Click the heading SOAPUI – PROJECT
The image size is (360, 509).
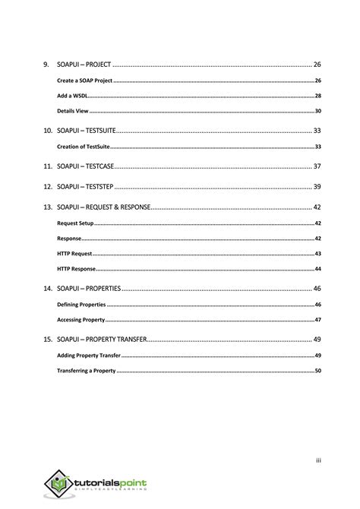click(x=84, y=65)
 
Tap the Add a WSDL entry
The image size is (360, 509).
click(x=72, y=96)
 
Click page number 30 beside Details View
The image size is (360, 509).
click(x=317, y=111)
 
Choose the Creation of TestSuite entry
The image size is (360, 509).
click(x=84, y=147)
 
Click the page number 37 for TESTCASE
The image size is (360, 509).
click(x=317, y=166)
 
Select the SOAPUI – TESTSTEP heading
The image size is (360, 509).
click(x=85, y=186)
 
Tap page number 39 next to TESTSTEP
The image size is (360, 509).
click(x=317, y=186)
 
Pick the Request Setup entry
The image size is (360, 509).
click(x=75, y=223)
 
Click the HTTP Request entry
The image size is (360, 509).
click(x=74, y=254)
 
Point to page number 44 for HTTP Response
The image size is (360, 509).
click(x=317, y=269)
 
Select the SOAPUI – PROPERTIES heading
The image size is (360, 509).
click(x=89, y=289)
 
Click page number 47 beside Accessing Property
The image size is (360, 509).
click(x=317, y=320)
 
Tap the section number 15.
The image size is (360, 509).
click(x=48, y=340)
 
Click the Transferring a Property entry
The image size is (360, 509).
click(x=86, y=371)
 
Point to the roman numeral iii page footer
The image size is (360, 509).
click(x=319, y=459)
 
